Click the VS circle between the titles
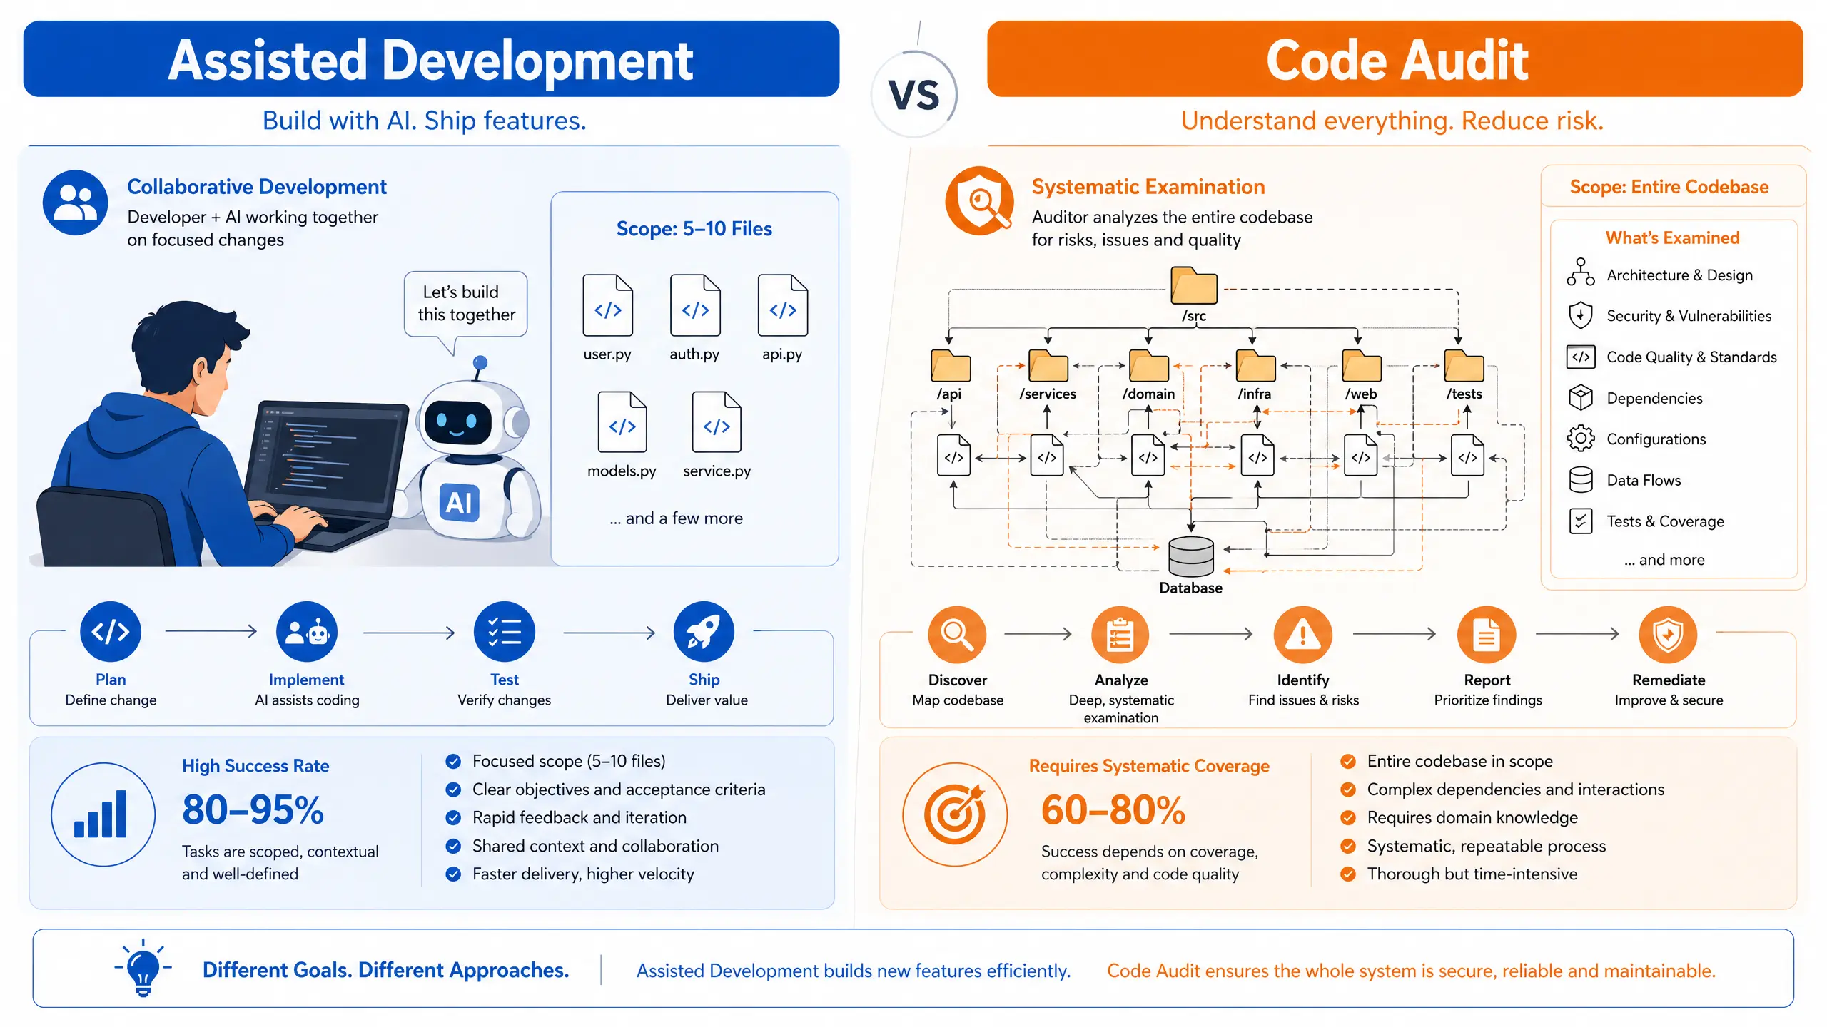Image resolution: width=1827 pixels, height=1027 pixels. (914, 95)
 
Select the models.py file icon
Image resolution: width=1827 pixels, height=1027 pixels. (622, 422)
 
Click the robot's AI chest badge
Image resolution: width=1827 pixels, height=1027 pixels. (459, 503)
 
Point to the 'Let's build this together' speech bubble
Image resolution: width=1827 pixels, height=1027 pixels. (465, 304)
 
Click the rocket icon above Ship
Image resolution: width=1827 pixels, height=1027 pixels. (703, 632)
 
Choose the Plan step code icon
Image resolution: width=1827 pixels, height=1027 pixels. (111, 632)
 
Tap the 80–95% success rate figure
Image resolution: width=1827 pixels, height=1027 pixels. (253, 810)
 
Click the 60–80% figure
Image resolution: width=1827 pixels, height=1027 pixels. (1113, 810)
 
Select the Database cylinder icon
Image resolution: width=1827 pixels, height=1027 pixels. (1190, 556)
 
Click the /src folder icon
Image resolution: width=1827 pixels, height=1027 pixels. (1194, 286)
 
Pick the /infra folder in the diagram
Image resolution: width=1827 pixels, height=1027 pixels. (1255, 366)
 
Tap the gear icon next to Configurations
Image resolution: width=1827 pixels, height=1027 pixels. (1581, 439)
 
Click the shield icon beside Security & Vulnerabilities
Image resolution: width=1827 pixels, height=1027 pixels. (1581, 315)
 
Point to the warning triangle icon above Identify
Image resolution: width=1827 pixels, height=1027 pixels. (1303, 634)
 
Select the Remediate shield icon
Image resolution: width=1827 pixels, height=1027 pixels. (1668, 634)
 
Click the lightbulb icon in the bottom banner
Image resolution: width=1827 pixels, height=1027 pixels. (143, 968)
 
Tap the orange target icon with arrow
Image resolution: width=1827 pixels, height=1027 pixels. (955, 814)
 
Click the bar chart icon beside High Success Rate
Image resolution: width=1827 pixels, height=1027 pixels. (102, 814)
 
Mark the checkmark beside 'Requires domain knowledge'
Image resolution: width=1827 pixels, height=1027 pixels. (1347, 818)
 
